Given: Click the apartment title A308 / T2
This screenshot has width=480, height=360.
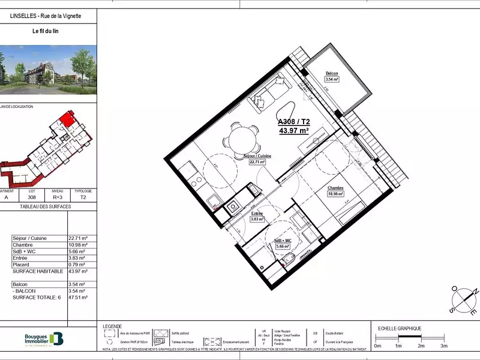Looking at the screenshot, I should pyautogui.click(x=293, y=121).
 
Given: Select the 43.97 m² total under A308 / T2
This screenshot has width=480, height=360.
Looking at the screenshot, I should pyautogui.click(x=293, y=130).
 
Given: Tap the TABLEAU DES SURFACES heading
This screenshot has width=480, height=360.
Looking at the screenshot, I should pyautogui.click(x=46, y=206).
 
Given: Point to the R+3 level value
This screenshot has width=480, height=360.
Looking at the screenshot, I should pyautogui.click(x=58, y=196).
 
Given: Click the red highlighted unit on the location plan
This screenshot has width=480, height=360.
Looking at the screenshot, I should pyautogui.click(x=68, y=118).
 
